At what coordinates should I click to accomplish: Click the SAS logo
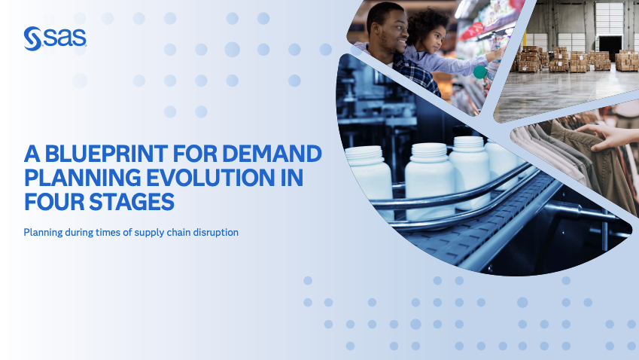[55, 38]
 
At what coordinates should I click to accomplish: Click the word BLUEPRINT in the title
[106, 154]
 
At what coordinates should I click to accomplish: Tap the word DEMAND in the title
[272, 154]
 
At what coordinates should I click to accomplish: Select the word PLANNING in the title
[81, 178]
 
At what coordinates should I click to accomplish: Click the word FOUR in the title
[53, 202]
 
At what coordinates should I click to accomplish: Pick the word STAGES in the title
[132, 202]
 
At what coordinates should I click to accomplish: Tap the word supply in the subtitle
[148, 233]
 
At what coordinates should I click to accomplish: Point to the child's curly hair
[425, 23]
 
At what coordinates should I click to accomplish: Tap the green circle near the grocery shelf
[480, 72]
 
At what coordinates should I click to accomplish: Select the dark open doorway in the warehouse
[610, 47]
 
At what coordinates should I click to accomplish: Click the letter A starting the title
[32, 154]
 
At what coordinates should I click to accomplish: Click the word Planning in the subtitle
[43, 233]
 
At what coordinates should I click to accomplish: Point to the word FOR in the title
[195, 154]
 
